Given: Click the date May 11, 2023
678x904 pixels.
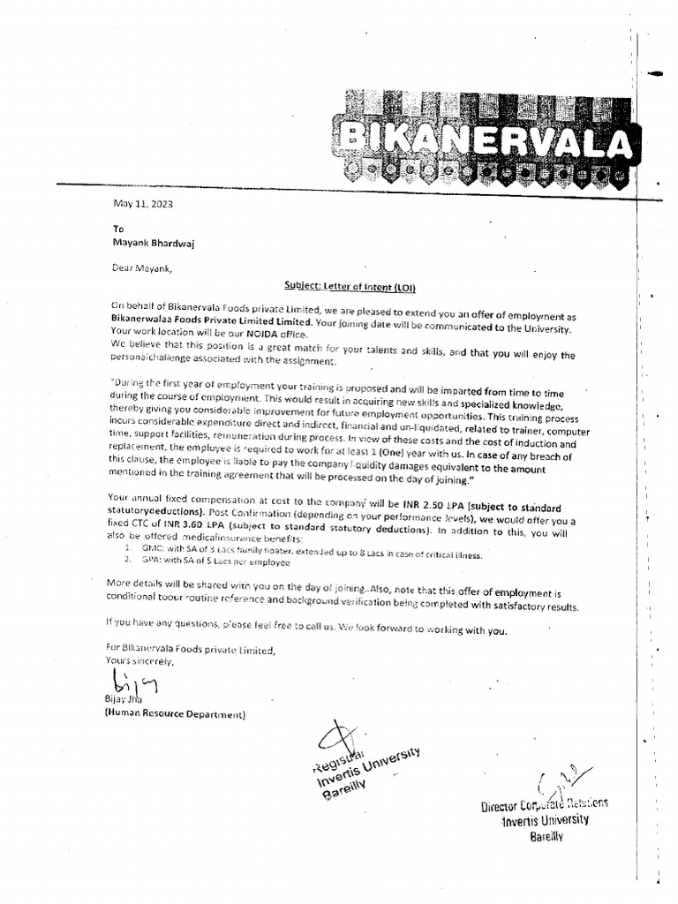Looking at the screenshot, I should point(143,204).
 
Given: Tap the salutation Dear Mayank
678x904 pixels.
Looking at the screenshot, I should point(142,269).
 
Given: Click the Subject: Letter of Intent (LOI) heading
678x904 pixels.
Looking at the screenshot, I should point(340,286).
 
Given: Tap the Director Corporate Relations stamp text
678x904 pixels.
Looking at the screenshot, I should point(544,804).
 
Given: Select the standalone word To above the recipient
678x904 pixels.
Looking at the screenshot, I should point(119,228).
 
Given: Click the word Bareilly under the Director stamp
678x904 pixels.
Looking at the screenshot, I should point(546,835).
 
